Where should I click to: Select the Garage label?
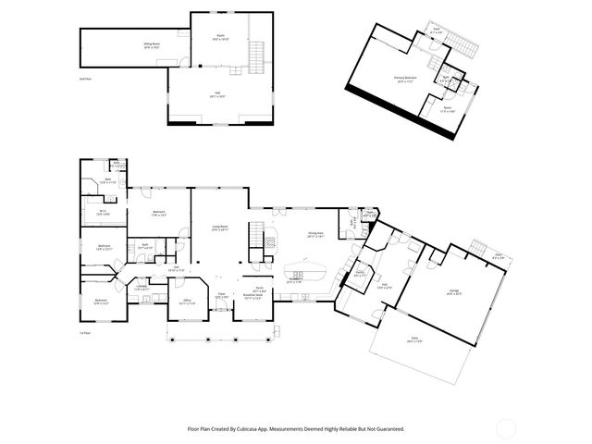point(454,292)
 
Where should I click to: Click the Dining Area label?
point(314,236)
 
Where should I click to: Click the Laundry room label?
point(143,288)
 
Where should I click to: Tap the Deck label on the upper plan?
point(438,31)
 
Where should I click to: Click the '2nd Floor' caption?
point(85,80)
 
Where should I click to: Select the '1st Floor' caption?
point(85,332)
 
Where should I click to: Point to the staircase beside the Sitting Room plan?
point(256,57)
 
